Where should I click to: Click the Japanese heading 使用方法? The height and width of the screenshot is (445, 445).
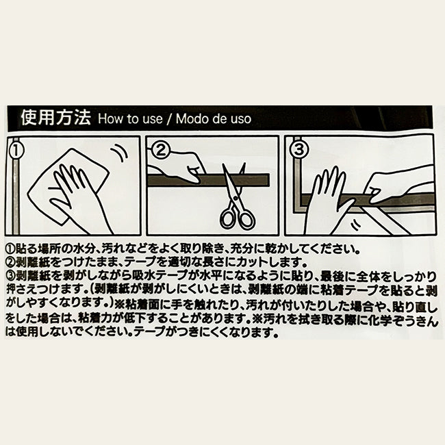[x=55, y=118]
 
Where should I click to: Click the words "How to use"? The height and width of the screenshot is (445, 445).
[x=130, y=118]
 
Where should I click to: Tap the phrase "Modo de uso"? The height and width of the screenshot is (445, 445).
[x=214, y=118]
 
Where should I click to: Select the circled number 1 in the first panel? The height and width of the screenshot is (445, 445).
[x=16, y=150]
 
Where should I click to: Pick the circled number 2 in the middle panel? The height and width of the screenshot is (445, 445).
[x=161, y=150]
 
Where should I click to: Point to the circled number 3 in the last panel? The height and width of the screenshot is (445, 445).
[x=299, y=150]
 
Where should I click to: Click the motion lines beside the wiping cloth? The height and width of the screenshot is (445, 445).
[x=120, y=153]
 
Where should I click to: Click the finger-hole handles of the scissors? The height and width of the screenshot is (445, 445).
[x=238, y=218]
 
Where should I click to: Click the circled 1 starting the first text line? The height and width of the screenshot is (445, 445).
[x=10, y=249]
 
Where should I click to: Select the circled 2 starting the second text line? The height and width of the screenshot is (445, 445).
[x=10, y=262]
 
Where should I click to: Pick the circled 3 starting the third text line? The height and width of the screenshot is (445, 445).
[x=10, y=275]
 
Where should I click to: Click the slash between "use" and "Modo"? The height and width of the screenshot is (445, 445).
[x=169, y=119]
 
